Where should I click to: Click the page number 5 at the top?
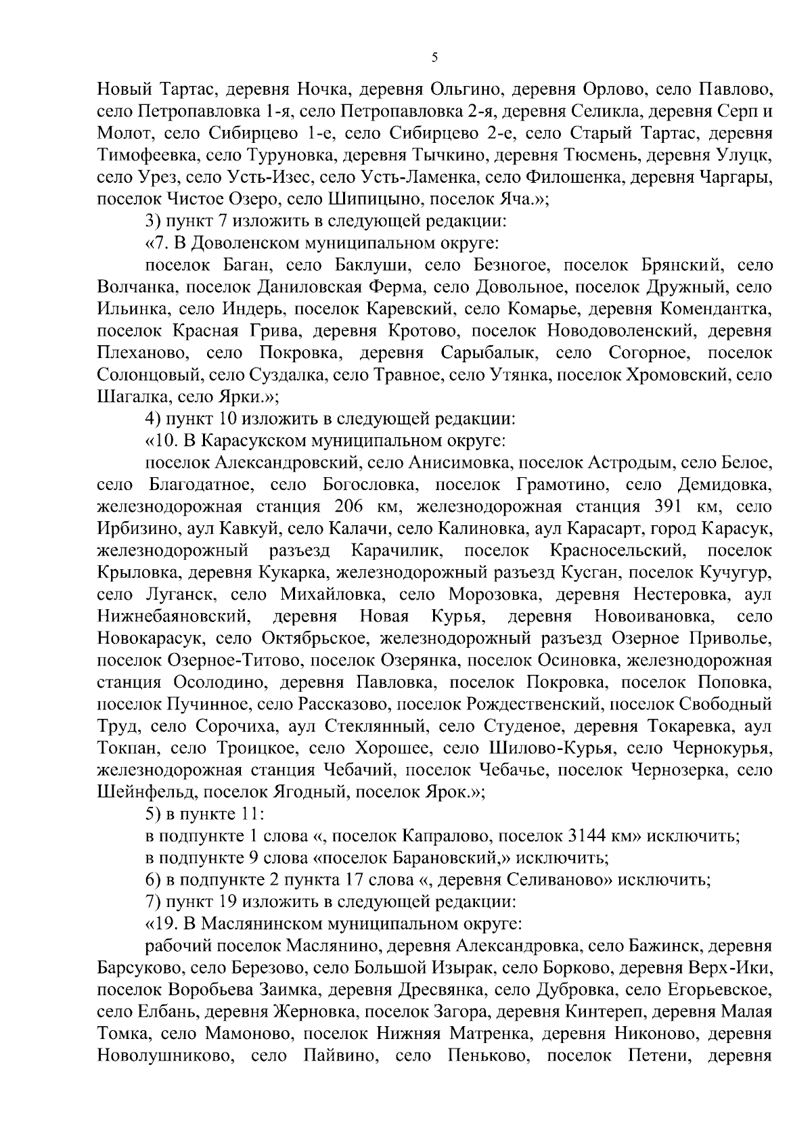coord(434,58)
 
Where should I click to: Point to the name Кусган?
coord(590,573)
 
